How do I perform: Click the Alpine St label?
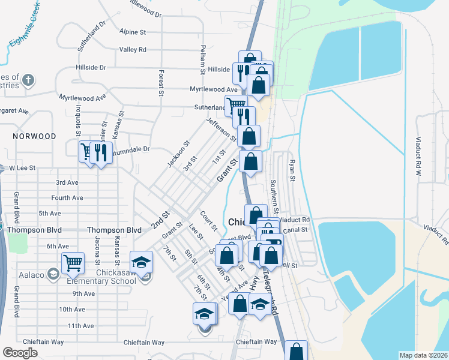pos(133,31)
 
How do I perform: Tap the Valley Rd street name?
pos(133,49)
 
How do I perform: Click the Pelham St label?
pos(203,59)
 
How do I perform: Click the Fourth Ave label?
pos(67,197)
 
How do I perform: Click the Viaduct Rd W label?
pos(418,159)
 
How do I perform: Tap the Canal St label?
pos(295,229)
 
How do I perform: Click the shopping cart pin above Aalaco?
pos(72,262)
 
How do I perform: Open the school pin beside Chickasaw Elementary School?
pos(142,262)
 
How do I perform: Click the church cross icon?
pos(28,80)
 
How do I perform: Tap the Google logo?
pos(20,353)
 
